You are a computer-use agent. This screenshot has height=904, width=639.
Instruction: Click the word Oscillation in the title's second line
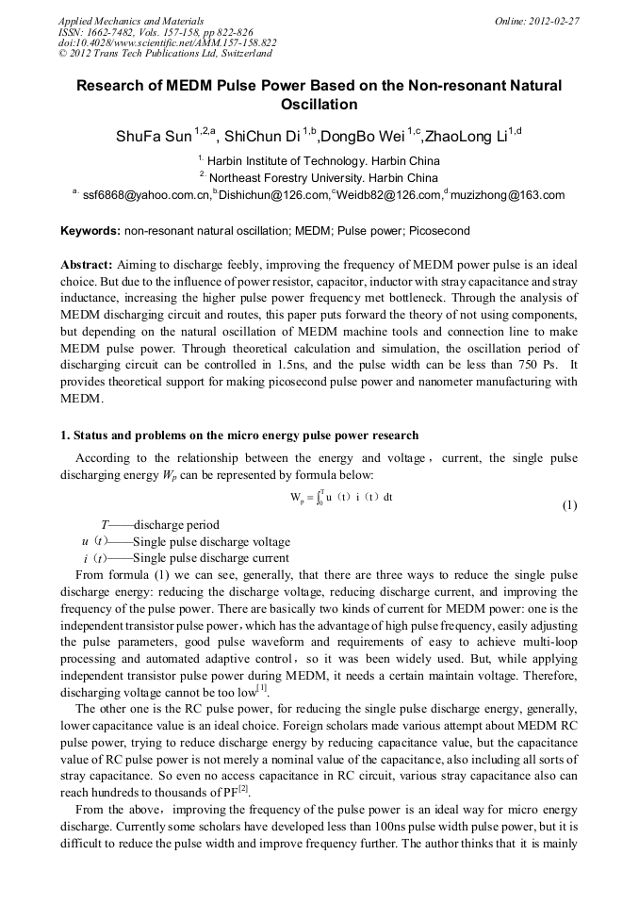pos(319,105)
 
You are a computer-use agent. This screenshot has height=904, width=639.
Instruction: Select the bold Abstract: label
pos(87,266)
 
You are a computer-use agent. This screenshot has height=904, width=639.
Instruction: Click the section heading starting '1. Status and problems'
pos(239,436)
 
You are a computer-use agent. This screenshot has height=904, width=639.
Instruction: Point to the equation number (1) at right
pos(569,505)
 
